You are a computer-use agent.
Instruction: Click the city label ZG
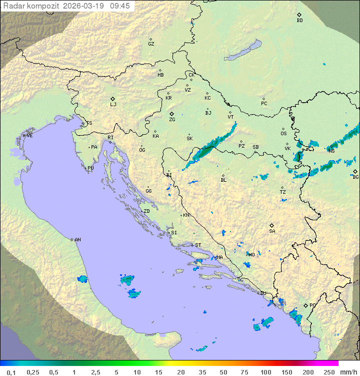tap(172, 120)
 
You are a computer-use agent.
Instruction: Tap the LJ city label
tap(113, 105)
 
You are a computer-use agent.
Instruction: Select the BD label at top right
tap(299, 21)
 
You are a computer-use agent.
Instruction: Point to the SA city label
tap(272, 231)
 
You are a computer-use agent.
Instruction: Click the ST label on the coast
tap(198, 245)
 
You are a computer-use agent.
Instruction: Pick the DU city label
tap(263, 293)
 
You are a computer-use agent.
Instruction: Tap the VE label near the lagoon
tap(29, 136)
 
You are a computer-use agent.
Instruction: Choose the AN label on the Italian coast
tap(77, 240)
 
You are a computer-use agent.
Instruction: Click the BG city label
tap(355, 177)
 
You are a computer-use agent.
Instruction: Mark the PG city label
tap(312, 305)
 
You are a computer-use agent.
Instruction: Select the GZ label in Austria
tap(151, 44)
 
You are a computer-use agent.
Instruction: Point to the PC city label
tap(264, 104)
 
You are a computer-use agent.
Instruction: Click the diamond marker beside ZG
tap(171, 114)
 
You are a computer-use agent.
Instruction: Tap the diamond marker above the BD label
tap(299, 15)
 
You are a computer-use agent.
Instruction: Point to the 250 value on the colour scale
tap(329, 372)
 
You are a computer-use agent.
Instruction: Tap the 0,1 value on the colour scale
tap(11, 372)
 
